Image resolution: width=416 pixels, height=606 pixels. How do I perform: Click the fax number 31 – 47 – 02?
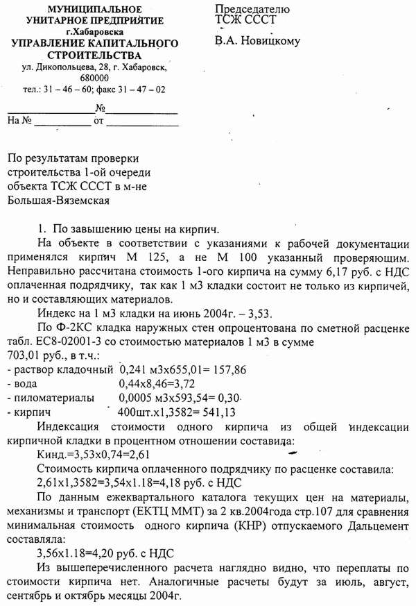pyautogui.click(x=141, y=90)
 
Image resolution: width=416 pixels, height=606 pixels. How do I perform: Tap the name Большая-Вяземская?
pyautogui.click(x=60, y=200)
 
